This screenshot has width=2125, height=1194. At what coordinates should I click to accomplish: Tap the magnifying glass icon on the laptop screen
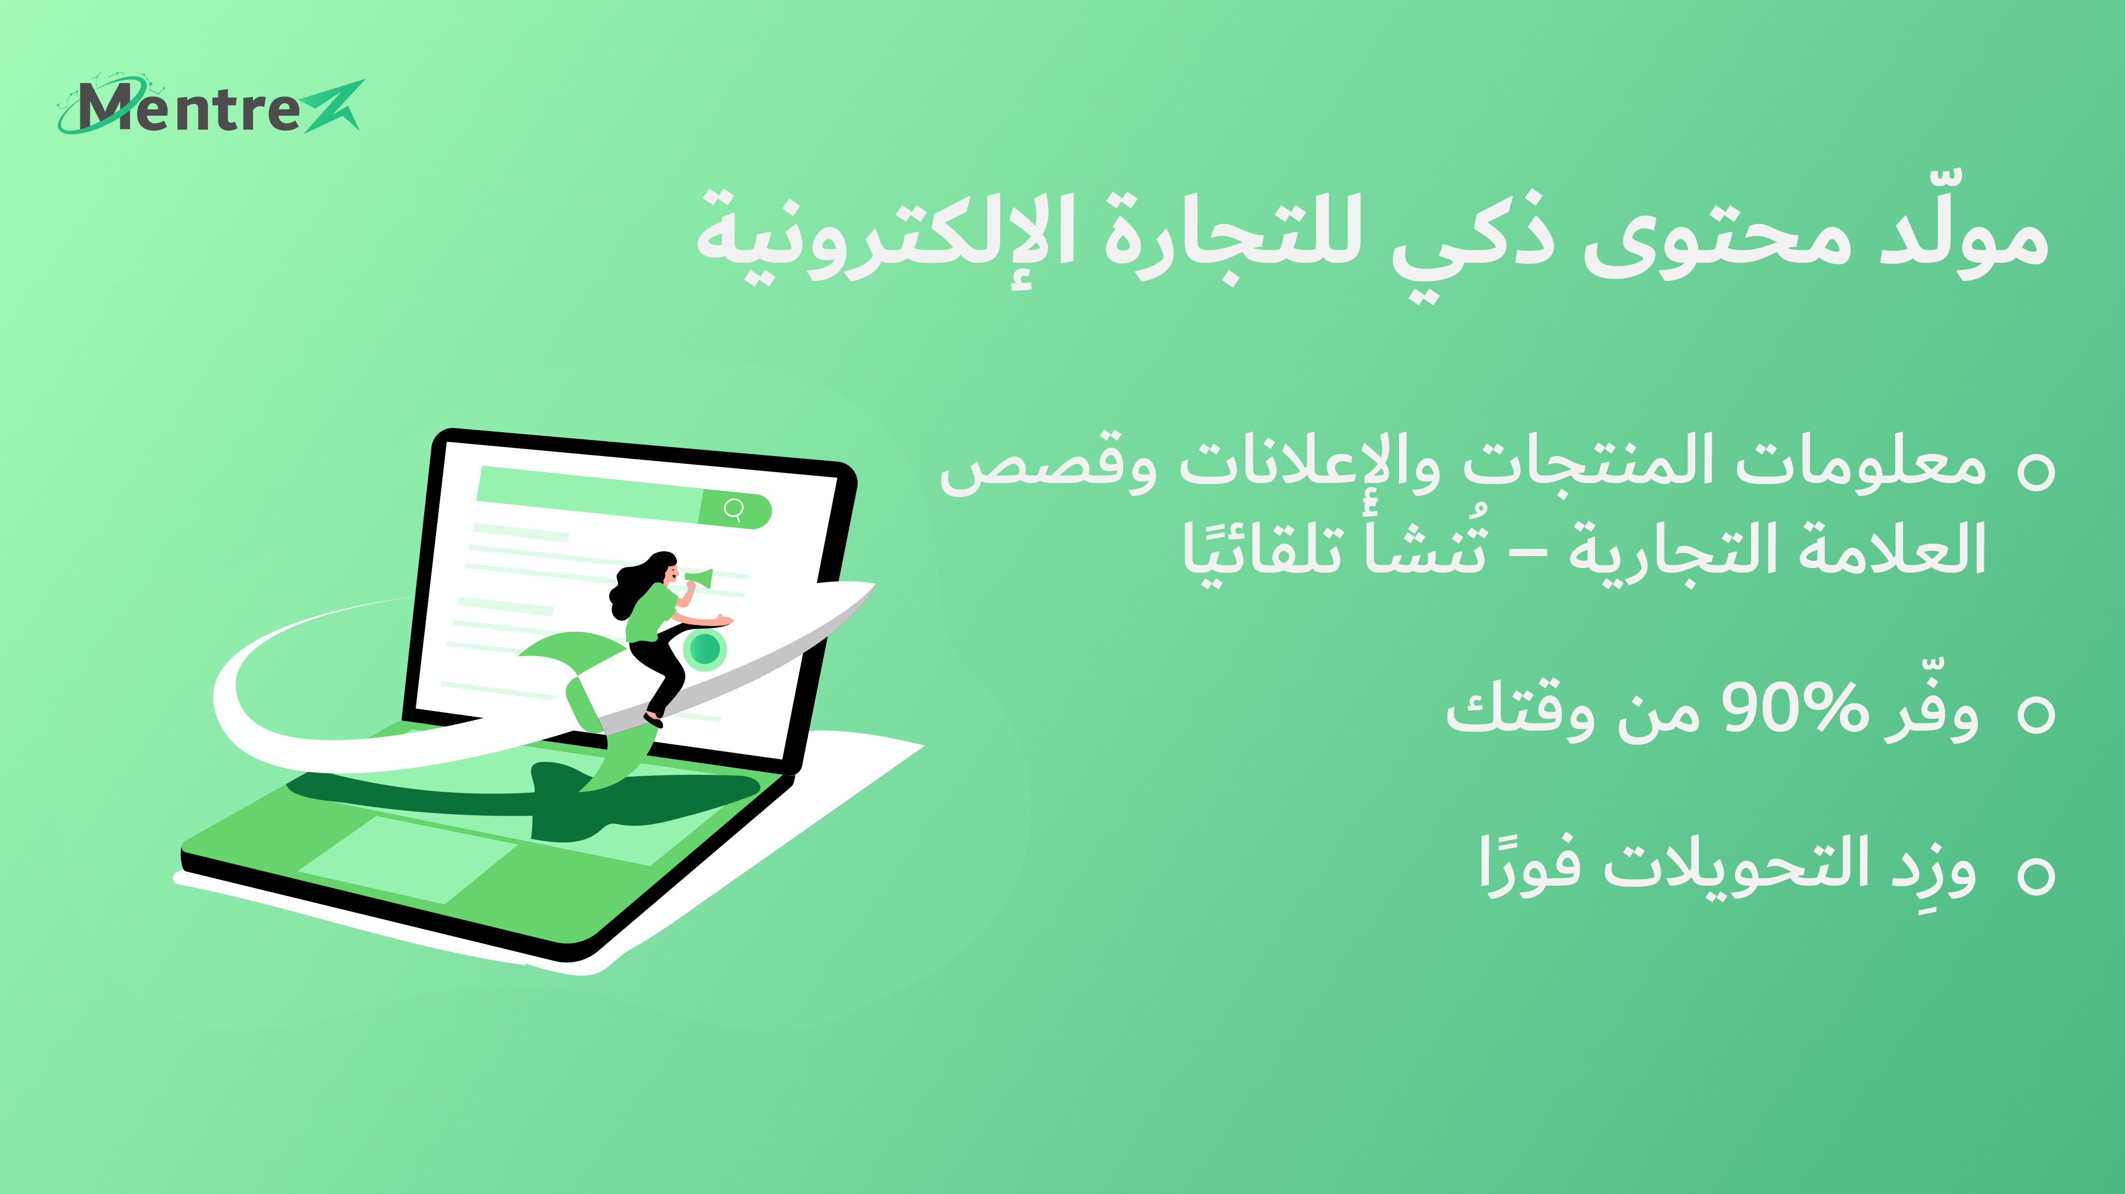click(733, 509)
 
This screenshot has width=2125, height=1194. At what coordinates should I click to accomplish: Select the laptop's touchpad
click(408, 858)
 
